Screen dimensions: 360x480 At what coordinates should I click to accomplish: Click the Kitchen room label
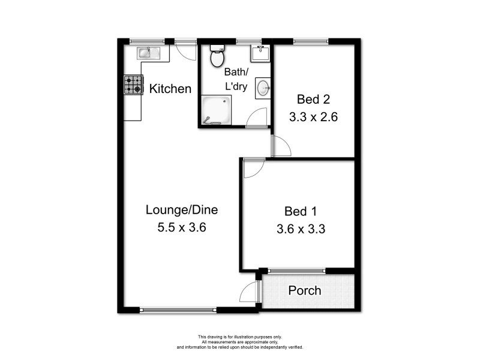pyautogui.click(x=170, y=89)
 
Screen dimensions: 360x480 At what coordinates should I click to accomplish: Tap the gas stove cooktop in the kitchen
pyautogui.click(x=133, y=85)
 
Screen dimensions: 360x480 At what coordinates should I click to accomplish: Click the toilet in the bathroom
pyautogui.click(x=216, y=57)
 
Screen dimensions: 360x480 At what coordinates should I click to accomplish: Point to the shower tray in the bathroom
pyautogui.click(x=214, y=111)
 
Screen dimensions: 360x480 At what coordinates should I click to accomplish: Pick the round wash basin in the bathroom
pyautogui.click(x=263, y=89)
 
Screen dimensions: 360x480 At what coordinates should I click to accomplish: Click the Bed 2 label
pyautogui.click(x=313, y=100)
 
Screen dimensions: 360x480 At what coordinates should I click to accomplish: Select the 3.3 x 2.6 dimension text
pyautogui.click(x=313, y=118)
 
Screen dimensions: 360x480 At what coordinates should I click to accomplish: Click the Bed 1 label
pyautogui.click(x=300, y=211)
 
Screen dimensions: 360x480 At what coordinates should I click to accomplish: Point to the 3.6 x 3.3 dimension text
pyautogui.click(x=301, y=229)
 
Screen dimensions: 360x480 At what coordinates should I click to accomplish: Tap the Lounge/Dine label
pyautogui.click(x=181, y=210)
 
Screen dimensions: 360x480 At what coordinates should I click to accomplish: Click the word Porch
pyautogui.click(x=305, y=291)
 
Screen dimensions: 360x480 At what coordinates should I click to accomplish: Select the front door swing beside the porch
pyautogui.click(x=248, y=293)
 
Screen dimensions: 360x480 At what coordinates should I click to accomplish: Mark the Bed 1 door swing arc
pyautogui.click(x=253, y=168)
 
